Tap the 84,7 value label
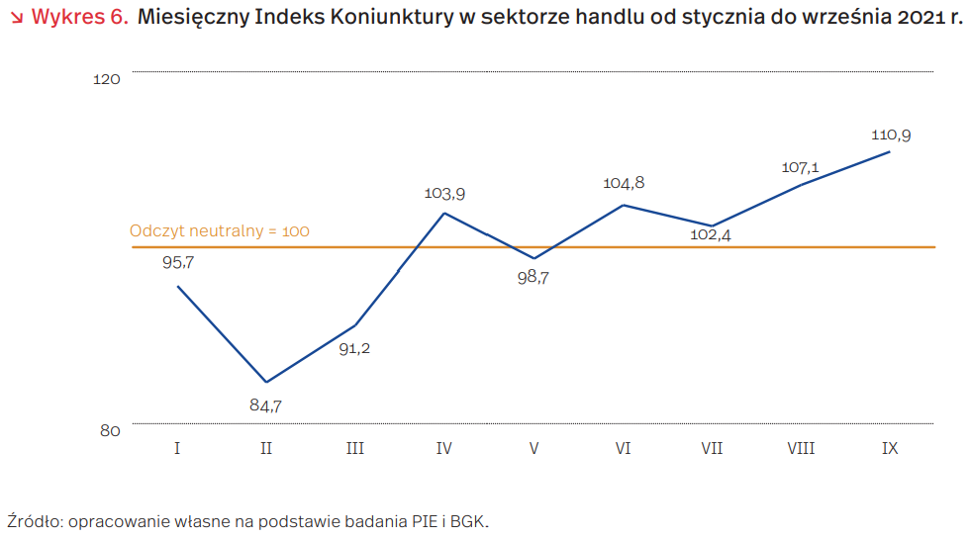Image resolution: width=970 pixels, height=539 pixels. tap(266, 404)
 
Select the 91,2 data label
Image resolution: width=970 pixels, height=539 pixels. tap(355, 348)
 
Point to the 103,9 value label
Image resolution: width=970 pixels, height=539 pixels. tap(444, 194)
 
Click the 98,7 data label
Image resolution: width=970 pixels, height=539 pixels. tap(533, 278)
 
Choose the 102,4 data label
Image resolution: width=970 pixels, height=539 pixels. tap(711, 235)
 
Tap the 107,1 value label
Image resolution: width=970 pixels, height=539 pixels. tap(801, 167)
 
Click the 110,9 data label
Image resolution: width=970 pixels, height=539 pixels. tap(891, 135)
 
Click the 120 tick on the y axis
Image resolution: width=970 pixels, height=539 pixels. tap(107, 79)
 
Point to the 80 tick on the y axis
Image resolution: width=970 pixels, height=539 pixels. tap(109, 430)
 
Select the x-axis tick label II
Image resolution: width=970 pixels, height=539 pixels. tap(266, 449)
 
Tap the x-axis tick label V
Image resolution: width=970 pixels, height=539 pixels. tap(533, 449)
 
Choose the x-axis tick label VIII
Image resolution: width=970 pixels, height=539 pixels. tap(801, 449)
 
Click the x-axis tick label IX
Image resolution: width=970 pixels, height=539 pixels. tap(890, 449)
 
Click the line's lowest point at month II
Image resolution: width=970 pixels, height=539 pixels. tap(266, 382)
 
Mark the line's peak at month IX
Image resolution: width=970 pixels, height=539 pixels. tap(890, 151)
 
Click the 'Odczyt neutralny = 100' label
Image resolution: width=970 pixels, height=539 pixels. tap(220, 231)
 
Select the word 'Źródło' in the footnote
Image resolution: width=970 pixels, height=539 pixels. tap(33, 520)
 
